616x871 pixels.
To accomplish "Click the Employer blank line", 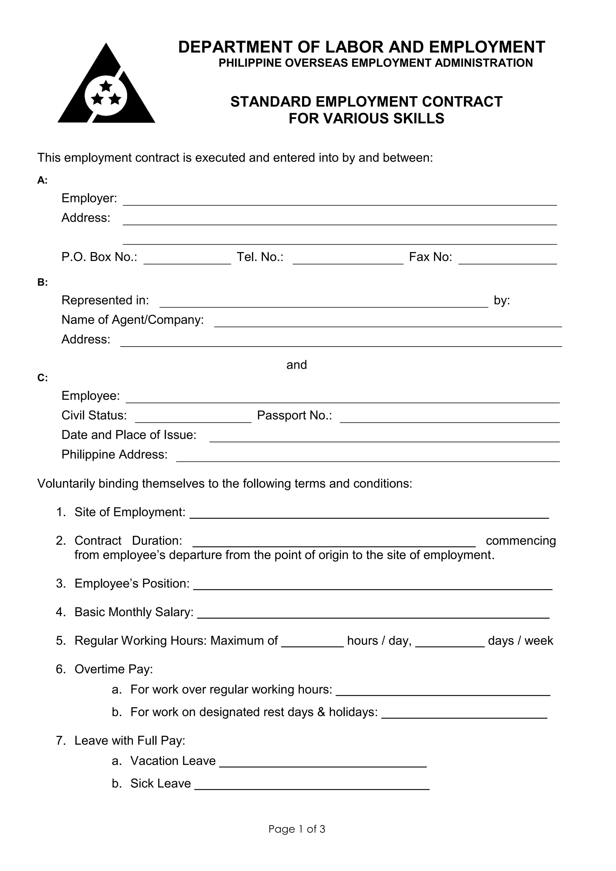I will coord(340,202).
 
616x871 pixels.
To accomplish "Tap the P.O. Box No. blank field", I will coord(187,261).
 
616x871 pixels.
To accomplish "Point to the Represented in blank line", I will coord(324,304).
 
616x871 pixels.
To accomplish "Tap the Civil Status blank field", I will coord(193,419).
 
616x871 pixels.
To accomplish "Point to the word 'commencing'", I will coord(520,541).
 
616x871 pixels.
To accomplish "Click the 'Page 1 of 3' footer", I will coord(297,829).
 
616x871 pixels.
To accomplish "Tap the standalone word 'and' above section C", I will coord(296,365).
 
